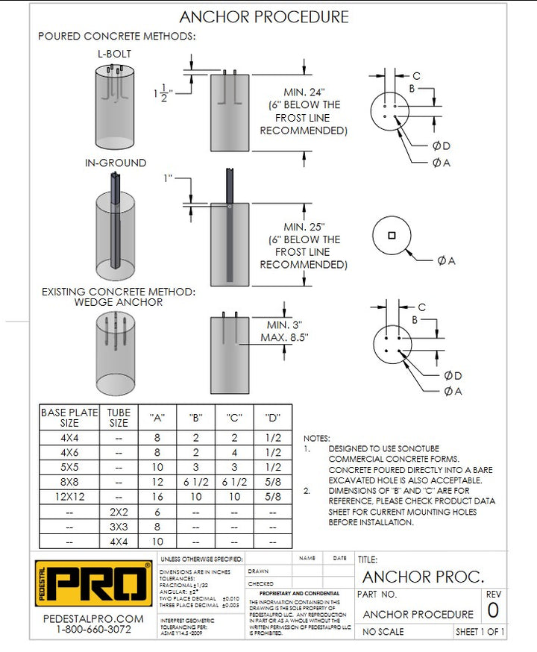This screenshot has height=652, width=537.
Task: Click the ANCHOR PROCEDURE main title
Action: [x=264, y=17]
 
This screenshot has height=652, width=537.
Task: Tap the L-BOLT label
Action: [x=114, y=54]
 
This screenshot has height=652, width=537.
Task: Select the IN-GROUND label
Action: [x=115, y=163]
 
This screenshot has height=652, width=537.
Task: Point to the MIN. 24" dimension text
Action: [x=304, y=92]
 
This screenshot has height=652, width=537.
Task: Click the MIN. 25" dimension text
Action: [x=304, y=226]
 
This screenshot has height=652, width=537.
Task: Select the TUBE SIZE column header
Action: [x=119, y=417]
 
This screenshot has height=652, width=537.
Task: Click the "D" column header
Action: [x=271, y=418]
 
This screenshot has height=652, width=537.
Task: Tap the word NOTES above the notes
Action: [x=317, y=439]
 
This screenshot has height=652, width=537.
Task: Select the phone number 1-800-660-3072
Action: [x=93, y=630]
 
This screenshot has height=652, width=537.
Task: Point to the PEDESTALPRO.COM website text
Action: [x=93, y=619]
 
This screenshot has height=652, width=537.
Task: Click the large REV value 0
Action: [x=493, y=611]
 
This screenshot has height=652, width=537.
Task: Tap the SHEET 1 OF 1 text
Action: [x=480, y=633]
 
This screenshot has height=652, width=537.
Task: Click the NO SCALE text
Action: [x=383, y=633]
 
